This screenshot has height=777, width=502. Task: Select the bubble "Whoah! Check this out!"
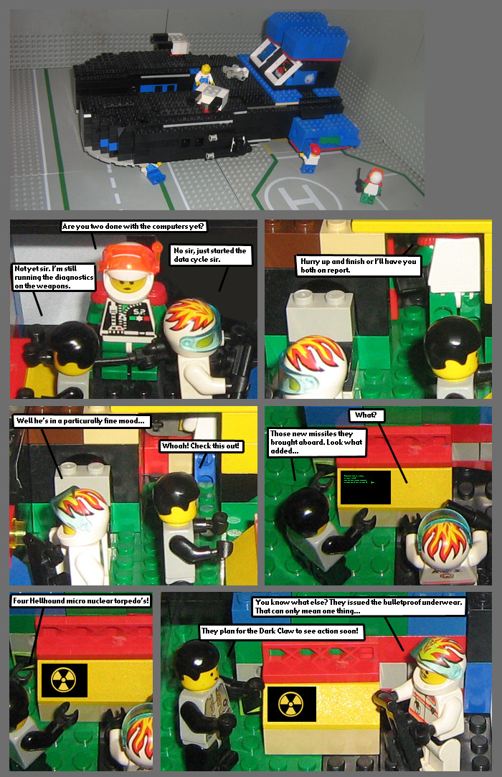(201, 446)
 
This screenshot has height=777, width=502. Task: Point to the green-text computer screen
(365, 488)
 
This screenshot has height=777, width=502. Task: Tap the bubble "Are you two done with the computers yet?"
(134, 227)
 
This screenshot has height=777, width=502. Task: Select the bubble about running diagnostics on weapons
(53, 277)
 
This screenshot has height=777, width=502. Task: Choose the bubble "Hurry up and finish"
(358, 266)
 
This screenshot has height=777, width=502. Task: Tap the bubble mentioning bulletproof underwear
(359, 606)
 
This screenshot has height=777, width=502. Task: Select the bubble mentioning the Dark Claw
(283, 632)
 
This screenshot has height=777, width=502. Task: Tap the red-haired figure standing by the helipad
(372, 182)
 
